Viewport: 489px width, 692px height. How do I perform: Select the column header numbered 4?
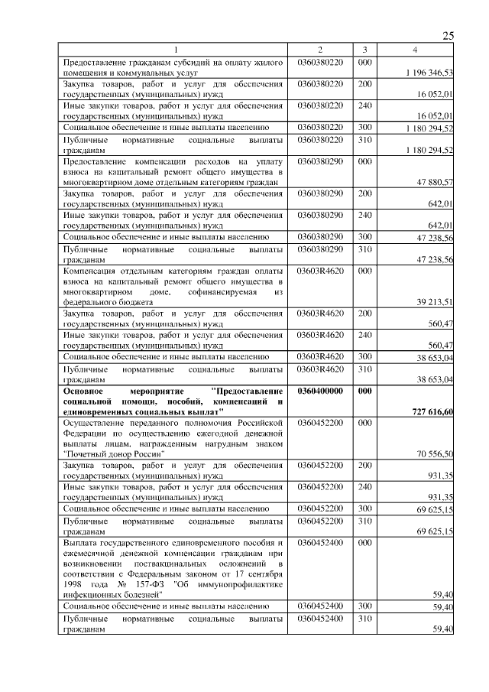pyautogui.click(x=414, y=50)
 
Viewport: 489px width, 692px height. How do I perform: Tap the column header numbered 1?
pyautogui.click(x=174, y=50)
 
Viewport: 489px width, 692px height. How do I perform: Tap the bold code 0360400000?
pyautogui.click(x=320, y=390)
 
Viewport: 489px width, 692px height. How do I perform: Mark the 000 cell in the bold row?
pyautogui.click(x=364, y=390)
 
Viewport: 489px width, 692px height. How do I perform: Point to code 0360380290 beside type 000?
pyautogui.click(x=320, y=162)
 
